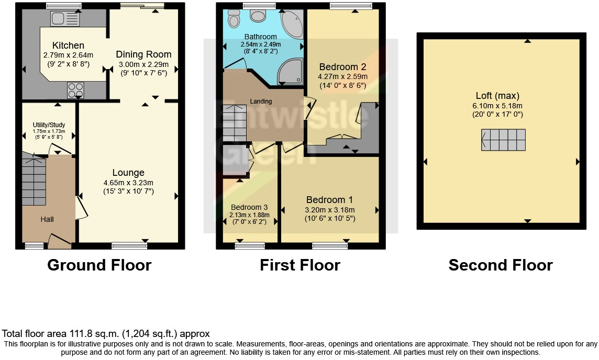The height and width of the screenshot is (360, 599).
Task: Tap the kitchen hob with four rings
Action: tap(75, 89)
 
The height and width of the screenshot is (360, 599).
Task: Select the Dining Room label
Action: tap(143, 54)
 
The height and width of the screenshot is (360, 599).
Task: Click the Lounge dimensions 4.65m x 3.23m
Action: tap(128, 183)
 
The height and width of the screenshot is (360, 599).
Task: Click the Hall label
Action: tap(47, 219)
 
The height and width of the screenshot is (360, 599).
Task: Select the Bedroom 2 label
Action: tap(342, 67)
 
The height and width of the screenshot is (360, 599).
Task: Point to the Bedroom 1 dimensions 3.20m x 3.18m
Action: tap(329, 210)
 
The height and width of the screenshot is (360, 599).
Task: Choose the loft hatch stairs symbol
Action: tap(503, 140)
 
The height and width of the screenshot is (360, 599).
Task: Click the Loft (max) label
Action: tap(497, 96)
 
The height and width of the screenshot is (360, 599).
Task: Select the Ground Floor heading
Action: tap(99, 265)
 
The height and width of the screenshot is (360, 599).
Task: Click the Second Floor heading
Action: tap(500, 265)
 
